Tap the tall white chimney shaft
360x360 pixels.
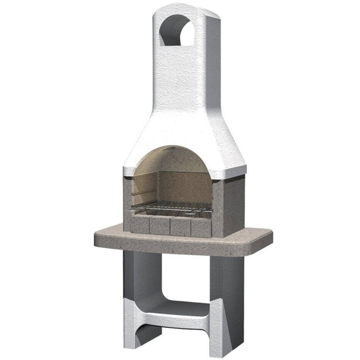(185, 77)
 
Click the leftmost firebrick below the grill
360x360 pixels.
(139, 225)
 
